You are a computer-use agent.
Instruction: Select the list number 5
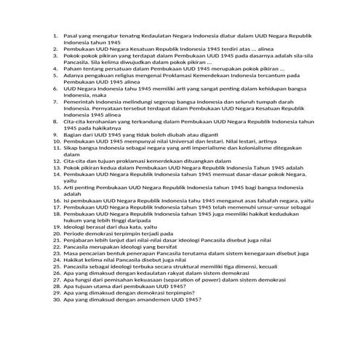tap(56, 73)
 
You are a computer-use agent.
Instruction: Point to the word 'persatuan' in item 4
tap(113, 66)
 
